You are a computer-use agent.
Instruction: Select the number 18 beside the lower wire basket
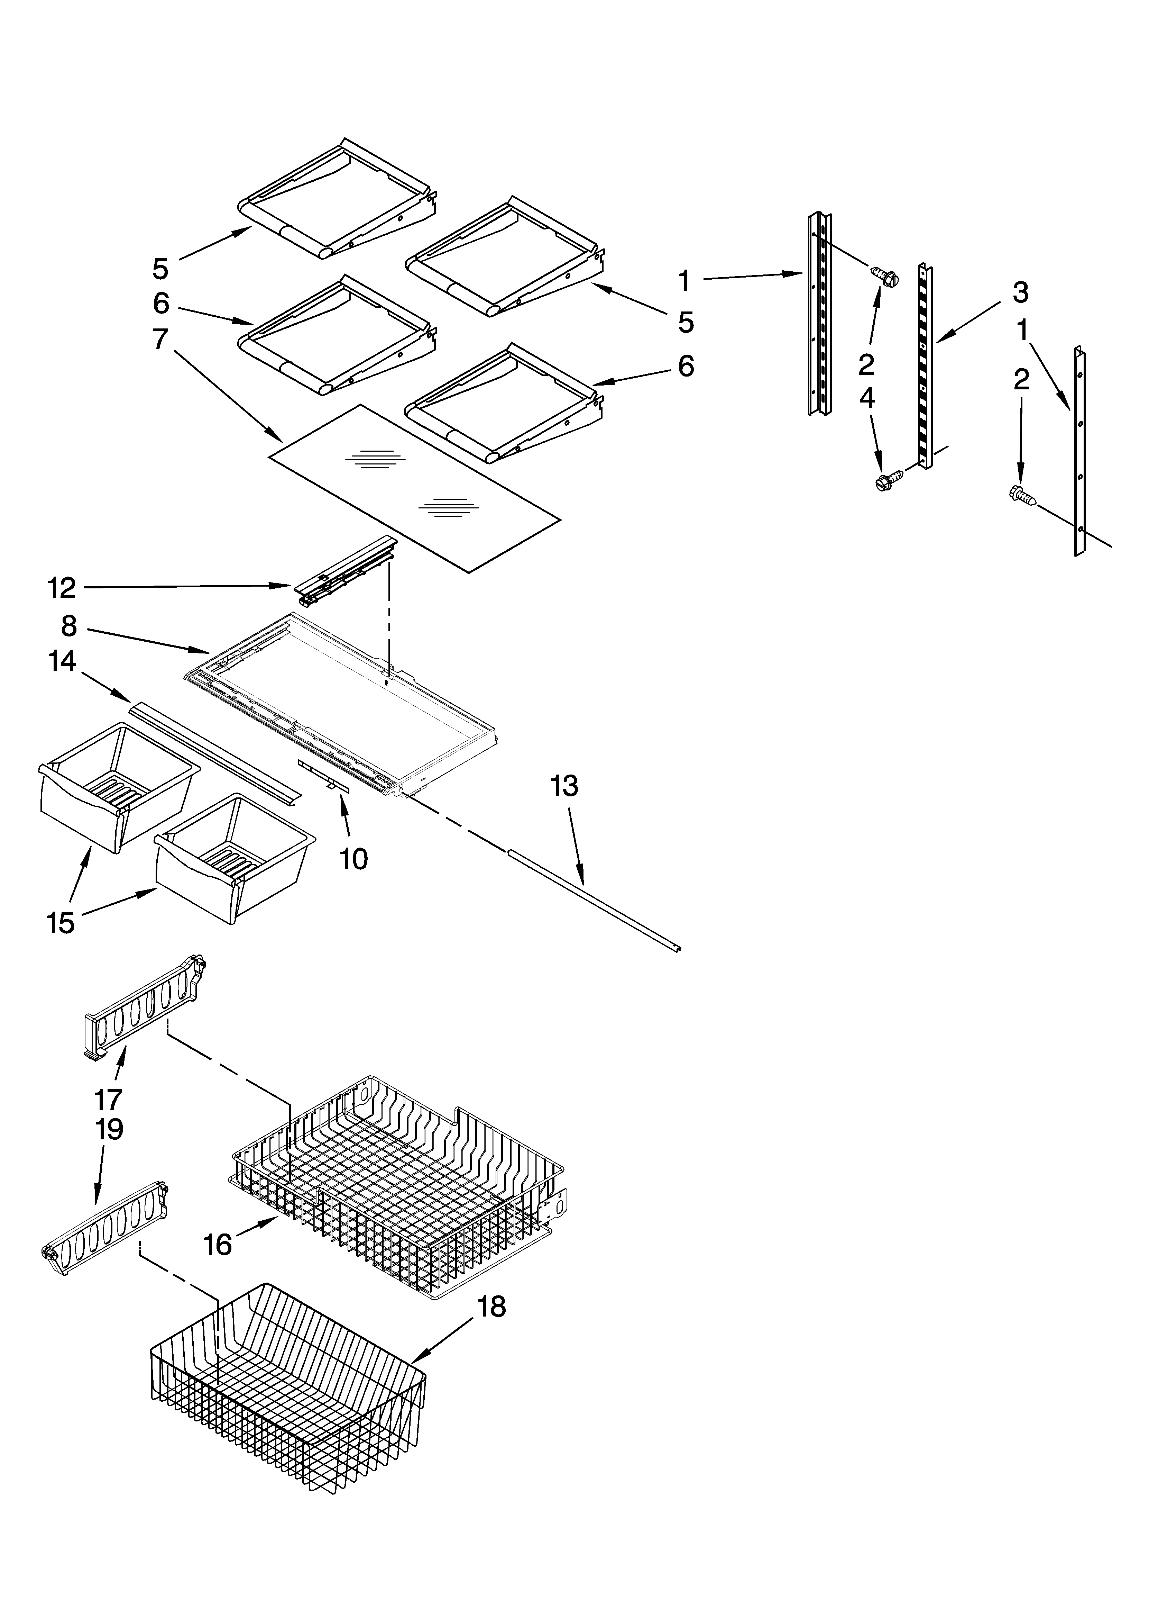(491, 1307)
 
